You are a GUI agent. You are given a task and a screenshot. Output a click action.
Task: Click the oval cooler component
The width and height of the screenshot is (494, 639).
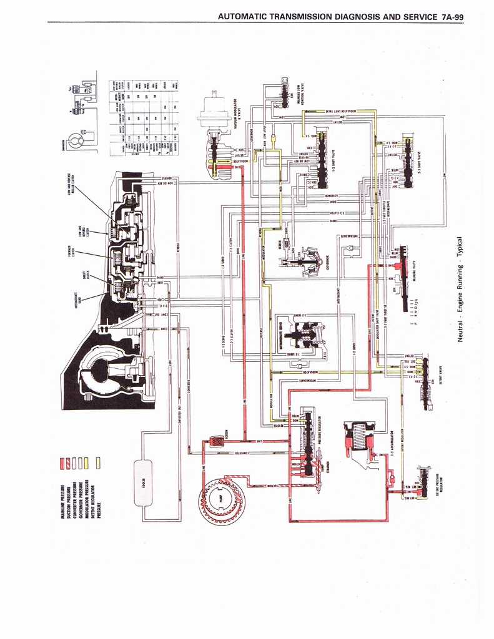tap(142, 482)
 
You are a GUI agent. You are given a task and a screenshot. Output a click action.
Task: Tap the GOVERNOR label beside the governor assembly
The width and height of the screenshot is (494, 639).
tap(330, 262)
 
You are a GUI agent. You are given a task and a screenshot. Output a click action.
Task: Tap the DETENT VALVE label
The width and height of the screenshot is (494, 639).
tap(440, 374)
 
